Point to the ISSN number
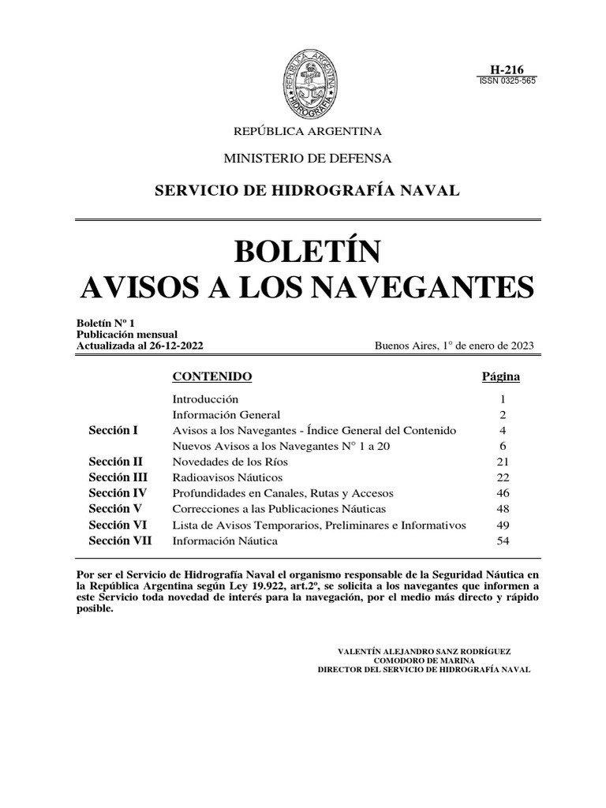(507, 81)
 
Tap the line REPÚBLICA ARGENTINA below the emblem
(304, 130)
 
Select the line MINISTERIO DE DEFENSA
(308, 159)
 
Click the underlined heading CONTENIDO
(212, 376)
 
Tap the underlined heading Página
(500, 376)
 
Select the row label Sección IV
(116, 493)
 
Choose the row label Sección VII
(120, 541)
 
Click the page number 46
(502, 493)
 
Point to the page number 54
(502, 541)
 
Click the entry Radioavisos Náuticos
(227, 477)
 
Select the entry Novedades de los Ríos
(230, 462)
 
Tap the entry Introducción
(205, 399)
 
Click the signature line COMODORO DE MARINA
(424, 660)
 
